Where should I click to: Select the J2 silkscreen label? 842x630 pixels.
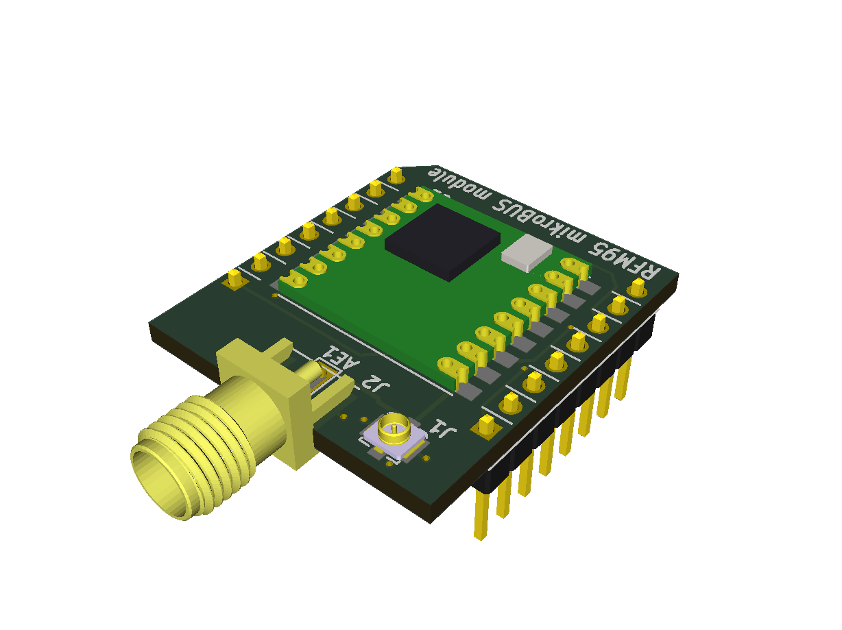[375, 384]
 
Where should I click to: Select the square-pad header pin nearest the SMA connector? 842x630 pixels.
[234, 278]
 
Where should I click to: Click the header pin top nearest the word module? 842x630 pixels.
[396, 175]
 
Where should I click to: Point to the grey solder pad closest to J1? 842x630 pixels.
[470, 390]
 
